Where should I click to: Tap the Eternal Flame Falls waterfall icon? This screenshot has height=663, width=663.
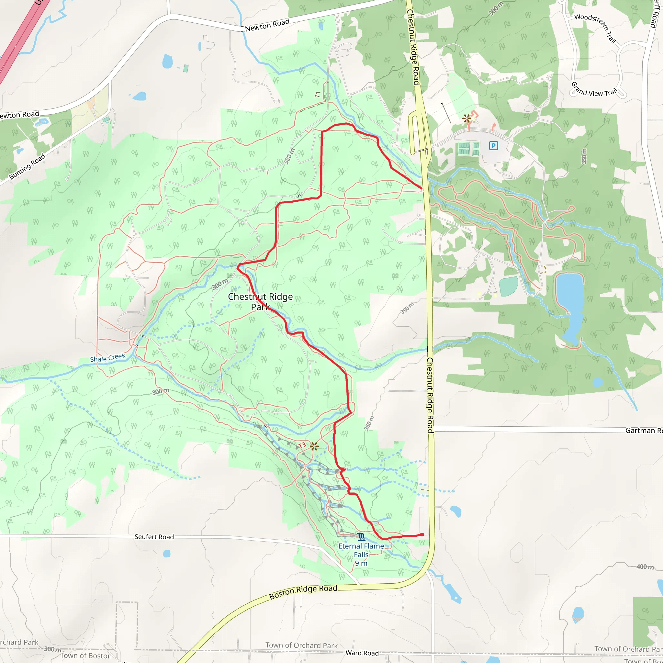pos(361,536)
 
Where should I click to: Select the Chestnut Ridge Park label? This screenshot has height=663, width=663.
pos(260,301)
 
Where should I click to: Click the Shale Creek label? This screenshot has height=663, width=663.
pos(107,358)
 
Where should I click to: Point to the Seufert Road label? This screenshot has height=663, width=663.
pos(154,537)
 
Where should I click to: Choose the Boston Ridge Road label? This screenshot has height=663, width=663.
pos(303,592)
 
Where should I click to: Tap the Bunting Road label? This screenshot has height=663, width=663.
pos(27,166)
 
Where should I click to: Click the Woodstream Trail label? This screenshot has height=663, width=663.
pos(595,28)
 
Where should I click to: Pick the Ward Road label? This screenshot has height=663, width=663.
pos(362,653)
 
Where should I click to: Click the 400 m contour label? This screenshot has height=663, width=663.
pos(645,567)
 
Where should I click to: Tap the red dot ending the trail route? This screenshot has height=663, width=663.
pos(422,535)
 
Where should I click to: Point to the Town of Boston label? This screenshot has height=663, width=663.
pos(86,656)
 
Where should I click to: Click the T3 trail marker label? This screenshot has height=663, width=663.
pos(302,446)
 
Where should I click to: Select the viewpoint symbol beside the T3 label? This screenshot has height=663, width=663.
pos(314,446)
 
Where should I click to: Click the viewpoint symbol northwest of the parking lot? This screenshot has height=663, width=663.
pos(466,119)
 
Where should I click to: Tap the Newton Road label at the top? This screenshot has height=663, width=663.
pos(267,25)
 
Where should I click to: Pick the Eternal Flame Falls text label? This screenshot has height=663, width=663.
pos(361,554)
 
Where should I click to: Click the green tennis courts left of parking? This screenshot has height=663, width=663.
pos(468,149)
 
